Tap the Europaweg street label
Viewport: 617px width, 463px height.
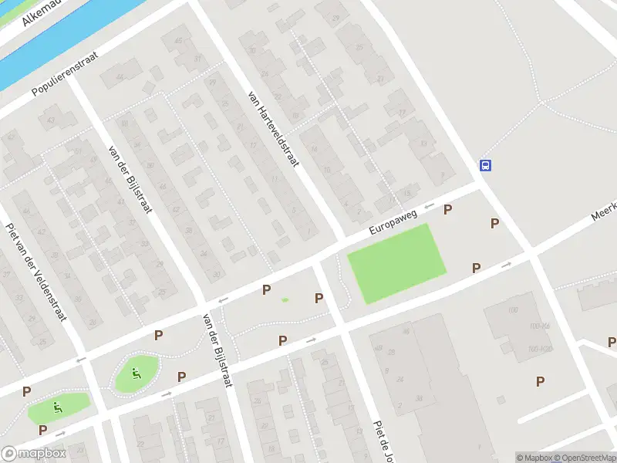tap(393, 219)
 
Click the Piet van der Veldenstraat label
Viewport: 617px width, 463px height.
tap(36, 272)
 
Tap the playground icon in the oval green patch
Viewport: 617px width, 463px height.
tap(136, 375)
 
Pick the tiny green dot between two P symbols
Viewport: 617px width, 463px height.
tap(285, 299)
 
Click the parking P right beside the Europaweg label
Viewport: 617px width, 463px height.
tap(447, 209)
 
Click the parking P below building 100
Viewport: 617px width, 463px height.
tap(540, 380)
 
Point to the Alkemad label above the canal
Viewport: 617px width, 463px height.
tap(42, 12)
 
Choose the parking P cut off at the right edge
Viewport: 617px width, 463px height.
tap(612, 341)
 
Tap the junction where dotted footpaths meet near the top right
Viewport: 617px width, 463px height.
tap(542, 101)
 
